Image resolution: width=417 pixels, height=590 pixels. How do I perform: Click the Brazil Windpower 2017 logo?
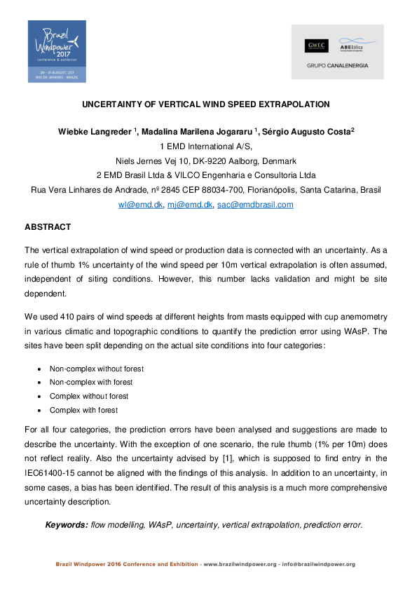(57, 51)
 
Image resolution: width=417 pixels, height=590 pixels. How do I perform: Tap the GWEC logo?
(313, 46)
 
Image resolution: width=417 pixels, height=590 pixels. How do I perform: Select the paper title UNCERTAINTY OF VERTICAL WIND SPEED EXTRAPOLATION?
(205, 104)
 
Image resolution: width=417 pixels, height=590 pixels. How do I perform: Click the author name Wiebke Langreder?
(95, 133)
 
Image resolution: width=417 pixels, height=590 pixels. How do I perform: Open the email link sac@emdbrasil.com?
(255, 205)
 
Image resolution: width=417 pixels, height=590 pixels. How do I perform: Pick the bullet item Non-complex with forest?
(90, 383)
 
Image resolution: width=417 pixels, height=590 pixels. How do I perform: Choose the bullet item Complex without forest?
(88, 397)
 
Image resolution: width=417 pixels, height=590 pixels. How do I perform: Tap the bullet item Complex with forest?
(83, 411)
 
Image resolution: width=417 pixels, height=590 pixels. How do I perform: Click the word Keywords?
(67, 524)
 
